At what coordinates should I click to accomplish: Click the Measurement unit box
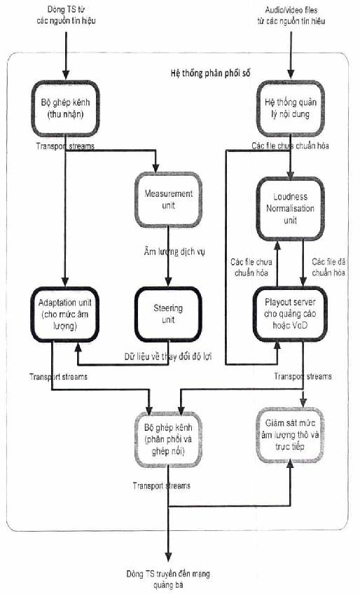pos(168,200)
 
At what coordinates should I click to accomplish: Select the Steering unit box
pos(168,314)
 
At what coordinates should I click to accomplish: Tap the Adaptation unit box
pos(65,314)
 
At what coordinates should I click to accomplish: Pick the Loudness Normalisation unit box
pos(290,208)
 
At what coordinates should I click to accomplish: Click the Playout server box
pos(290,314)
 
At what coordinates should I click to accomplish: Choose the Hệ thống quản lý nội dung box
pos(291,109)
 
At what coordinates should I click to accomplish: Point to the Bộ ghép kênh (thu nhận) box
pos(65,109)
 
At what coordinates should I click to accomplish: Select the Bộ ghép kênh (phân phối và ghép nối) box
pos(168,439)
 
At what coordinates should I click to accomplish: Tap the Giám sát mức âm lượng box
pos(290,435)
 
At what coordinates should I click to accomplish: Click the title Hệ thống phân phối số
pos(210,73)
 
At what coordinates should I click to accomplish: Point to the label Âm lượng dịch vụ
pos(174,251)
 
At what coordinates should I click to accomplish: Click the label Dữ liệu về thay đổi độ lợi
pos(168,357)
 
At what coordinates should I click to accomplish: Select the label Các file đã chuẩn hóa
pos(328,267)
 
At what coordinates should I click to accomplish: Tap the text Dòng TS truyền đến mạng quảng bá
pos(168,579)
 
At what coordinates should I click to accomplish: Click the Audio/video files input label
pos(291,15)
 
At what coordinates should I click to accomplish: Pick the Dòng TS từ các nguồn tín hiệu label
pos(66,15)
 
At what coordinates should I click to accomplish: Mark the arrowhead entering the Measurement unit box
pos(155,168)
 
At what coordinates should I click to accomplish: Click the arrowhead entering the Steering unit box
pos(168,282)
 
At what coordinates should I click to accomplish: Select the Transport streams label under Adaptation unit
pos(58,377)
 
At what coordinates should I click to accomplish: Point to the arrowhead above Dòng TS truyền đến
pos(168,556)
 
